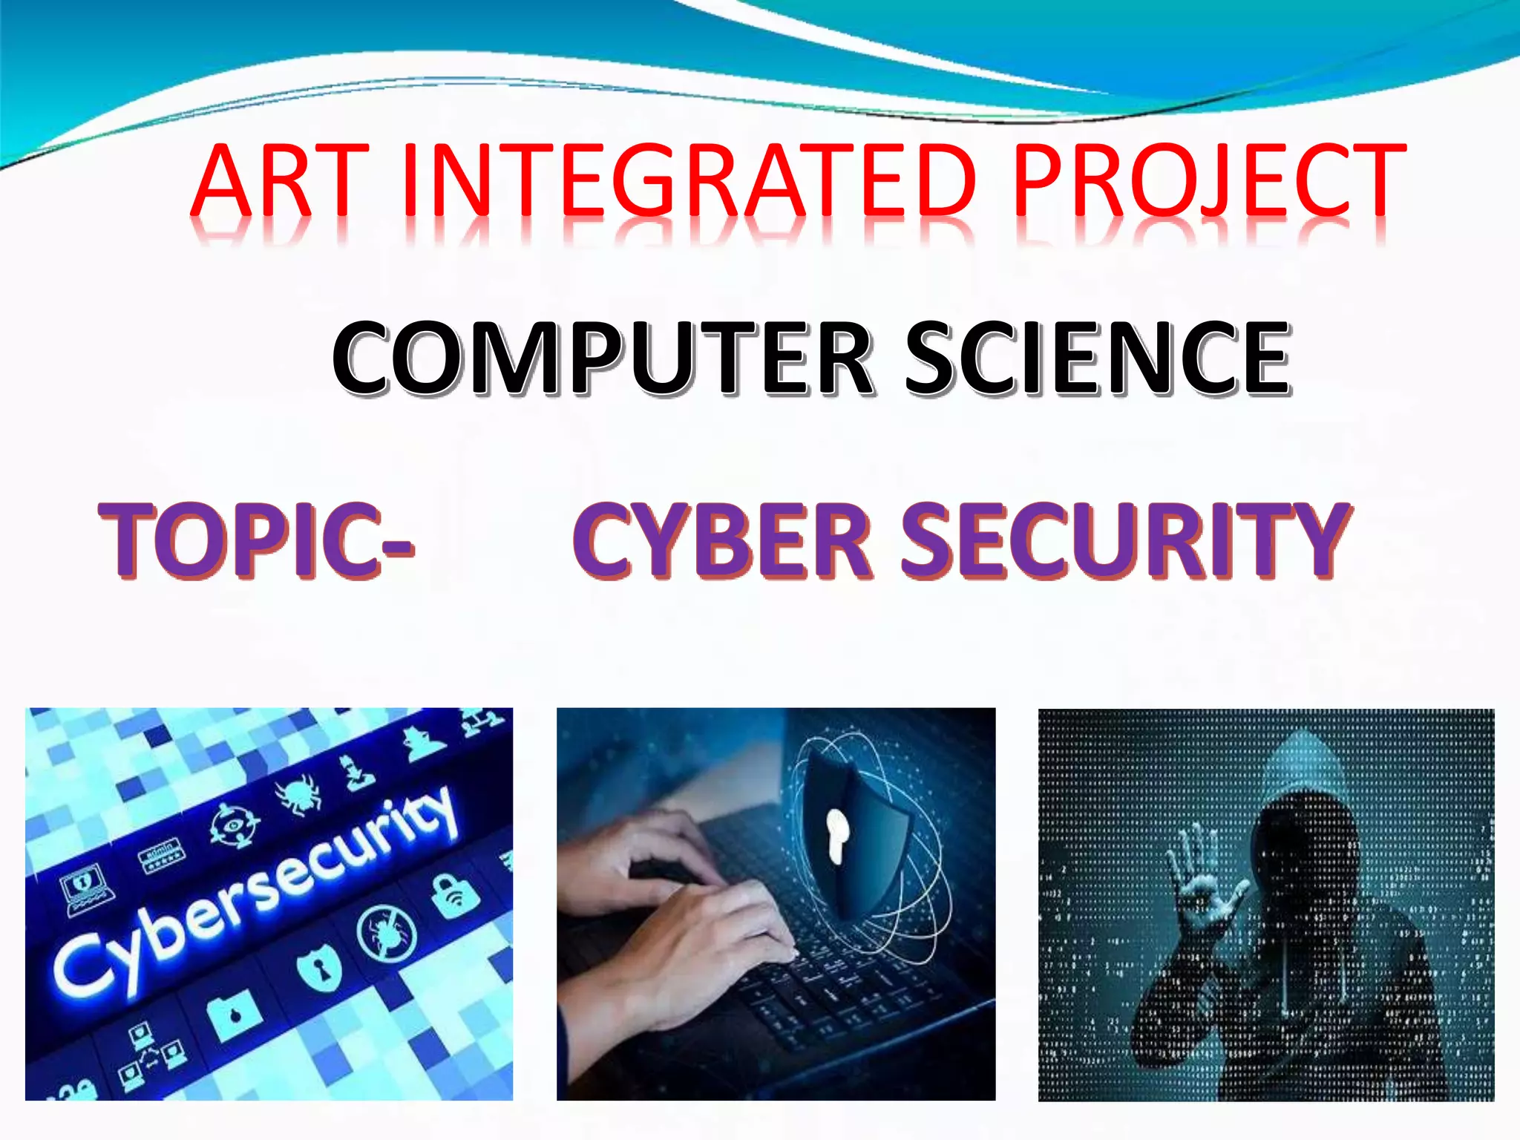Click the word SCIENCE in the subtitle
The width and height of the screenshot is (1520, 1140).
[1098, 358]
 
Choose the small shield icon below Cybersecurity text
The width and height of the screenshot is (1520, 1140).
[319, 969]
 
